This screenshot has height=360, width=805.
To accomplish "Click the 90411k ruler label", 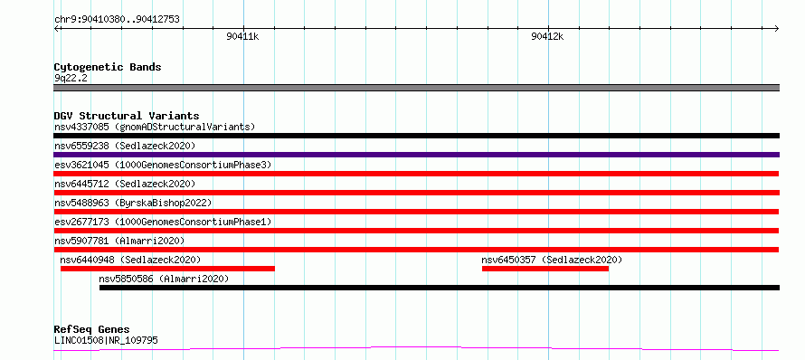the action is click(242, 36).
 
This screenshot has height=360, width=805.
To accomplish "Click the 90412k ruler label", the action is click(547, 36).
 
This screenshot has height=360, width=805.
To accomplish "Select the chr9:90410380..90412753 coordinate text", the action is click(117, 20).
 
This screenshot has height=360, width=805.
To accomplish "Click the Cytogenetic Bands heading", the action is click(108, 67).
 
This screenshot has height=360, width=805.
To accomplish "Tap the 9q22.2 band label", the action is click(70, 78).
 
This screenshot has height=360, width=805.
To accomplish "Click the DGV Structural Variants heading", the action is click(127, 116).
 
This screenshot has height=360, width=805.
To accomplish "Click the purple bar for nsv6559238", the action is click(416, 155).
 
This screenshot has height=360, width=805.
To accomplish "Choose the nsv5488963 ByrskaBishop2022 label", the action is click(133, 203).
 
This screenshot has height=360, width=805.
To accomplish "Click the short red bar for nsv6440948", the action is click(168, 269).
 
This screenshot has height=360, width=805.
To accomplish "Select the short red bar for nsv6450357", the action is click(545, 269).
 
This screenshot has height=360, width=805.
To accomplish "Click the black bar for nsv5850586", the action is click(440, 288).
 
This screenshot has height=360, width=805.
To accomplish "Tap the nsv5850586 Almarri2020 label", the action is click(164, 279).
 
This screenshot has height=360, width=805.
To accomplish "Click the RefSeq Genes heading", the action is click(92, 330).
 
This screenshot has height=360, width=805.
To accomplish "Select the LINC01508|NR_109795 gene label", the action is click(106, 340).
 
